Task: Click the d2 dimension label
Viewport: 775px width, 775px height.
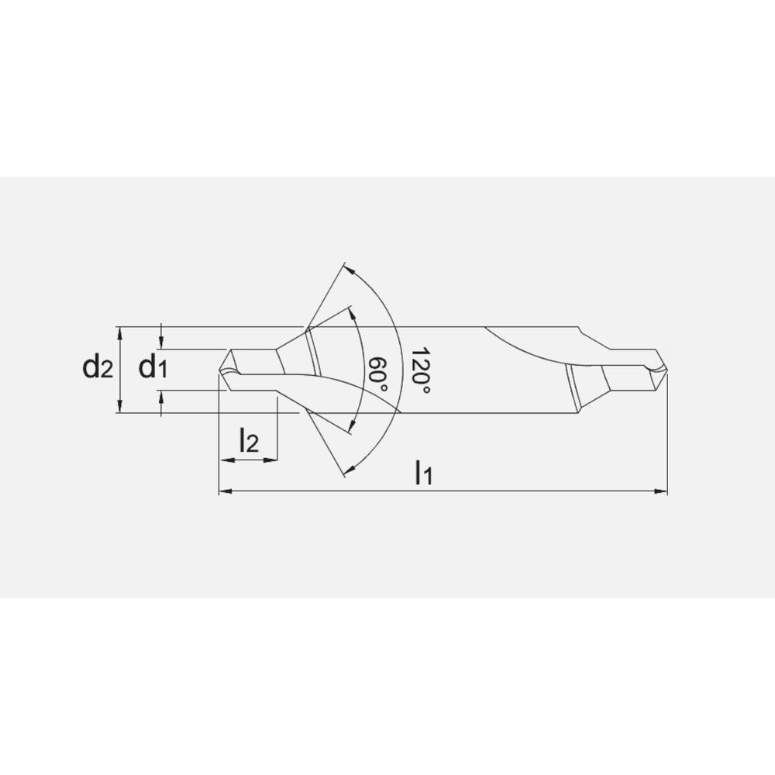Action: click(x=98, y=368)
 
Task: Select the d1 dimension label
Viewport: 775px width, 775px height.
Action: click(x=153, y=368)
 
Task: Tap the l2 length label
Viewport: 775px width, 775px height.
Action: click(x=248, y=441)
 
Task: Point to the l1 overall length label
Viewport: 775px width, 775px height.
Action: click(x=422, y=472)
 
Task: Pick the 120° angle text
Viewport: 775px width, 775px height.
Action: click(x=420, y=370)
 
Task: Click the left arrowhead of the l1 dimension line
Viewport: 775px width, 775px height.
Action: click(x=225, y=491)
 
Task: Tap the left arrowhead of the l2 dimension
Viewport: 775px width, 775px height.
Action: click(x=226, y=460)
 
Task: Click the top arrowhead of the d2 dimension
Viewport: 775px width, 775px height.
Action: click(x=119, y=332)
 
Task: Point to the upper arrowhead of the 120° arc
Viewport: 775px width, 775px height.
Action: click(x=348, y=270)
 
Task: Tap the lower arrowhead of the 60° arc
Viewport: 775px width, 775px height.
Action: click(x=353, y=425)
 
